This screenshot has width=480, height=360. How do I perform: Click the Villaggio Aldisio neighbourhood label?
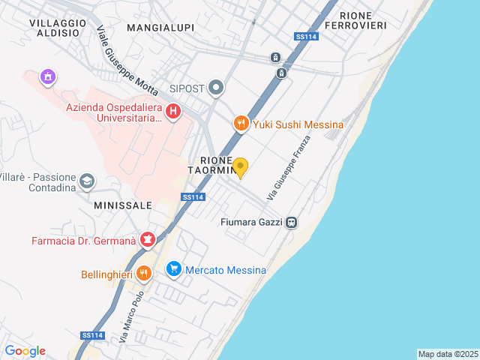tap(54, 28)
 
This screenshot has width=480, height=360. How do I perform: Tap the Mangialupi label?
tap(160, 28)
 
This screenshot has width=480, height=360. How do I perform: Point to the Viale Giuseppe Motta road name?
tap(127, 61)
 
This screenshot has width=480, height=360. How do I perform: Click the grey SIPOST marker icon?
tap(217, 88)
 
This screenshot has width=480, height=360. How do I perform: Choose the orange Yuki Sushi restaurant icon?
tap(241, 124)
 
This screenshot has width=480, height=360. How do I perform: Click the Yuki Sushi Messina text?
tap(298, 124)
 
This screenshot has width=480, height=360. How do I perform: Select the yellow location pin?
tap(240, 167)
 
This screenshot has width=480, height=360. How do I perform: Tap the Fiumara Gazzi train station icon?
tap(291, 222)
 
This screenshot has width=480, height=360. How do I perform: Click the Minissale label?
tap(123, 205)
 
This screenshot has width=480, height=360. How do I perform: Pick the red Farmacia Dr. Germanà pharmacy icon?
tap(148, 241)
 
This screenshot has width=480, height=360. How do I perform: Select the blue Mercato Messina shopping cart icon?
tap(174, 269)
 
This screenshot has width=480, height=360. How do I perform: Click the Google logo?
tap(25, 351)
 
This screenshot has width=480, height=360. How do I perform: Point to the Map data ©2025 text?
tap(448, 354)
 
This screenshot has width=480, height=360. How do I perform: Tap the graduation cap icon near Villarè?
tap(88, 181)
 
